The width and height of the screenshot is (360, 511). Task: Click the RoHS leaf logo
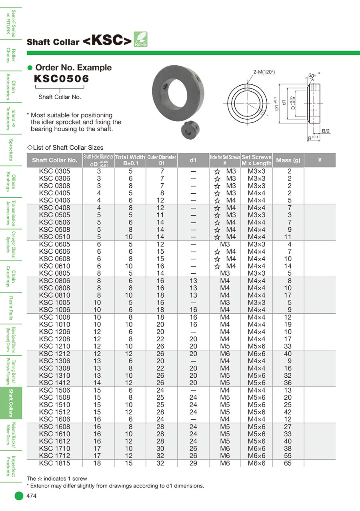pyautogui.click(x=140, y=40)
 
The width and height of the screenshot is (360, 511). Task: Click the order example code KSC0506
pyautogui.click(x=62, y=78)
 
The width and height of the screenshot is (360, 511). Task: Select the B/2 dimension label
pyautogui.click(x=326, y=131)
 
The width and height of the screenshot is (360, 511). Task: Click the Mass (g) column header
pyautogui.click(x=288, y=160)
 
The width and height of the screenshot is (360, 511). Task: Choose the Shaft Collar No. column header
pyautogui.click(x=54, y=160)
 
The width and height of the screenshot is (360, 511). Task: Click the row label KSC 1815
pyautogui.click(x=54, y=463)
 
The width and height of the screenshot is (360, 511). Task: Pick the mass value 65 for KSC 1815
pyautogui.click(x=288, y=463)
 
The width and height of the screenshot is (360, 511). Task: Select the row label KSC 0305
pyautogui.click(x=54, y=171)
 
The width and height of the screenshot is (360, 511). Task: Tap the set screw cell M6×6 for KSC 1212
pyautogui.click(x=256, y=354)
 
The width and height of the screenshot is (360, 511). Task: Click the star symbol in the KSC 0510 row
pyautogui.click(x=217, y=237)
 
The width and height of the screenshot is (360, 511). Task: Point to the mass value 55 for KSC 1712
pyautogui.click(x=288, y=456)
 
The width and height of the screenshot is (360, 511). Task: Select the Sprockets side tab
pyautogui.click(x=11, y=149)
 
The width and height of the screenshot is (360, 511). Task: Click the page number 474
pyautogui.click(x=32, y=496)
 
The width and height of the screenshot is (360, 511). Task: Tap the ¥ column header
pyautogui.click(x=320, y=160)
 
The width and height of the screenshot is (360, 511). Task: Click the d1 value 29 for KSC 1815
pyautogui.click(x=193, y=463)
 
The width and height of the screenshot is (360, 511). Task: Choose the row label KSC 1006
pyautogui.click(x=54, y=310)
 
